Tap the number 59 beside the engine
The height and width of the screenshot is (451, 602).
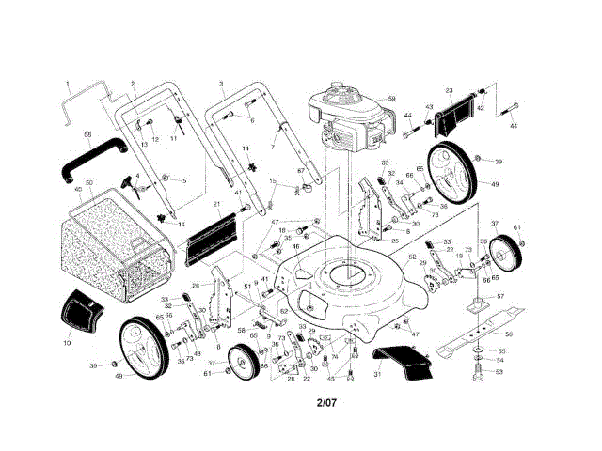(x=392, y=99)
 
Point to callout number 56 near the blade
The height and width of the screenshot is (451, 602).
(x=508, y=334)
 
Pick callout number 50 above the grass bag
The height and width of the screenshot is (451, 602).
(x=88, y=182)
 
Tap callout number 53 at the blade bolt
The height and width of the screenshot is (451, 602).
(x=499, y=372)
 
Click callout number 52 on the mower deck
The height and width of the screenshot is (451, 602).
(x=412, y=257)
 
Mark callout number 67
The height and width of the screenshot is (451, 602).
(x=302, y=171)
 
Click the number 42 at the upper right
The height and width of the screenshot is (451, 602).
(x=480, y=108)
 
